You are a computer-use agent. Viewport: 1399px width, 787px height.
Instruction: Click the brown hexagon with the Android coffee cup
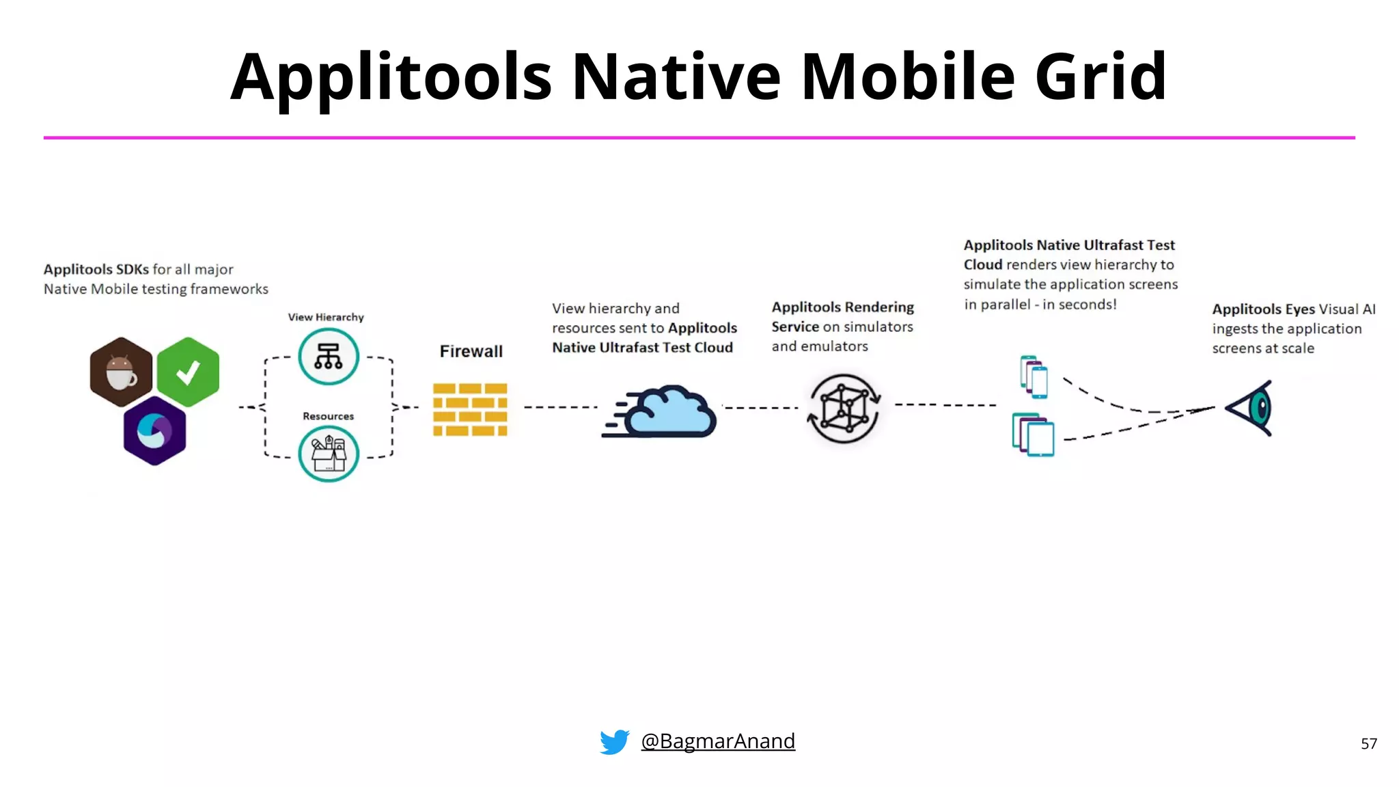pos(121,372)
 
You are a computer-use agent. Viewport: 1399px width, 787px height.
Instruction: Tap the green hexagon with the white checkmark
pos(188,372)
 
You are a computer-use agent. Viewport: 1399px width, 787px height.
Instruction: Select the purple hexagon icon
pos(154,431)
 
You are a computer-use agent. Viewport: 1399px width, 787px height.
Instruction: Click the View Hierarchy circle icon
pos(329,357)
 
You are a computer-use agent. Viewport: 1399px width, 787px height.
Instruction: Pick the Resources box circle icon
pos(329,454)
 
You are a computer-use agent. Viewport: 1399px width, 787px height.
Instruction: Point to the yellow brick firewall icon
pos(470,409)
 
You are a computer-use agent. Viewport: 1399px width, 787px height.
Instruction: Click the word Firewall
pos(471,351)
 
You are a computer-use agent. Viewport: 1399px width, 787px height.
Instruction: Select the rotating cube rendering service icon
pos(844,409)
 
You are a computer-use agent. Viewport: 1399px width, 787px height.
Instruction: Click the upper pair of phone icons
pos(1034,376)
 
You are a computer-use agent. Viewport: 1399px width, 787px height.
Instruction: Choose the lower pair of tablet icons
pos(1033,434)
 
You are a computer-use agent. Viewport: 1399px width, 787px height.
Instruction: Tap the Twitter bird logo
pos(614,742)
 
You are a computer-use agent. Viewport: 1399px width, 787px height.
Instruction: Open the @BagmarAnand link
pos(718,741)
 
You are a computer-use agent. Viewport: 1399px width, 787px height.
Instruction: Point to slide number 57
pos(1368,743)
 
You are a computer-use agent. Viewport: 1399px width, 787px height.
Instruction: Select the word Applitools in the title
pos(391,77)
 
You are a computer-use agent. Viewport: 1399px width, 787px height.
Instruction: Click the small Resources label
pos(329,416)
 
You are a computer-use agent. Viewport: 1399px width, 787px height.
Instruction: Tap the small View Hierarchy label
pos(326,317)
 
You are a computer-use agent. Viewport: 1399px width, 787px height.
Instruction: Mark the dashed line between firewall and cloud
pos(560,407)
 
